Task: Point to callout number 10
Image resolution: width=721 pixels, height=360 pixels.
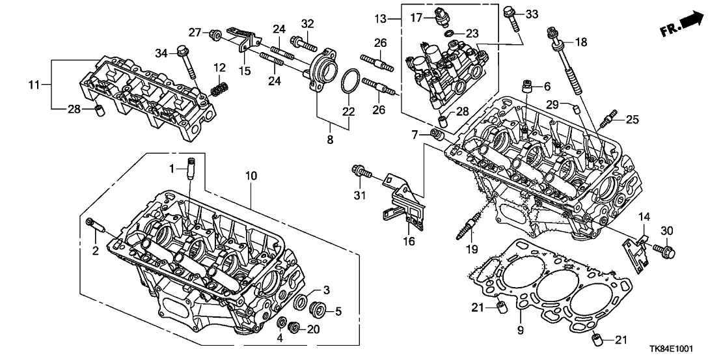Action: point(251,176)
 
